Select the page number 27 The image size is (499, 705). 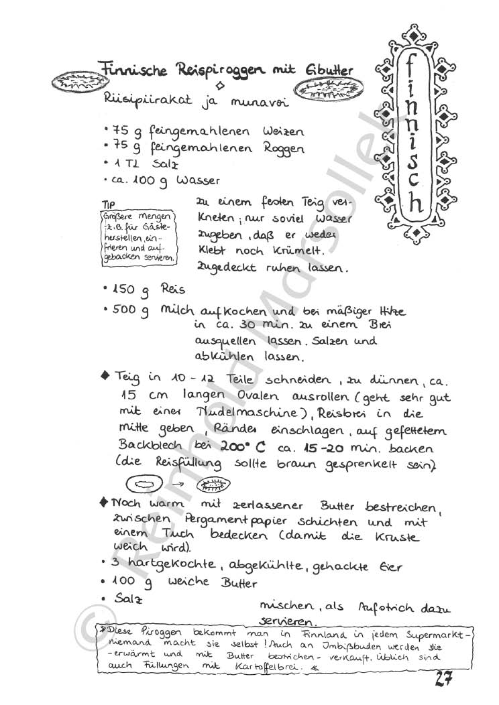coord(443,678)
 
